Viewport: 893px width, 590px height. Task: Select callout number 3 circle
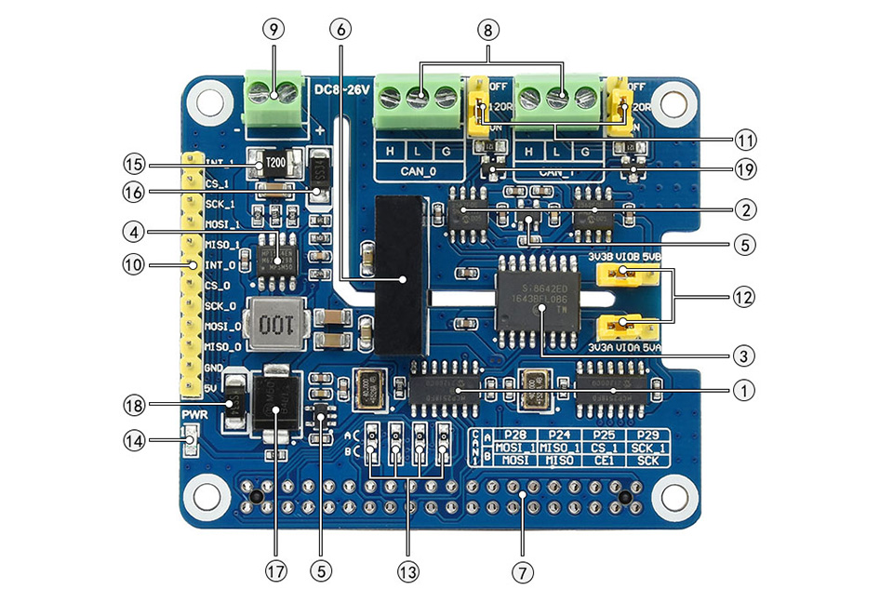(741, 355)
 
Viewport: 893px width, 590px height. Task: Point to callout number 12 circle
(741, 298)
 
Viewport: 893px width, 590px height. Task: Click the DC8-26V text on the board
(341, 89)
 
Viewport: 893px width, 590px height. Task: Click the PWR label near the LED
(193, 414)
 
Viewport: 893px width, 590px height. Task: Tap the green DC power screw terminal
(273, 98)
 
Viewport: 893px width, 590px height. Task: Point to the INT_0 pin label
(220, 265)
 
